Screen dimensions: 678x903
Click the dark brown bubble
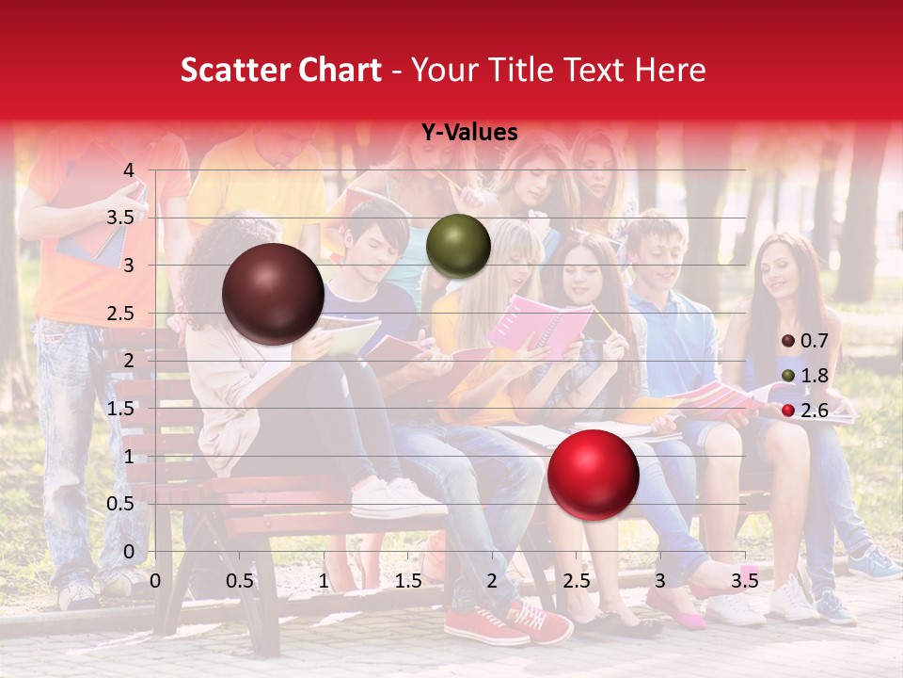pyautogui.click(x=274, y=294)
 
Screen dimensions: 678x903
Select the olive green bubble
pyautogui.click(x=458, y=246)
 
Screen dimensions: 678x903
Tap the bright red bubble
pyautogui.click(x=593, y=474)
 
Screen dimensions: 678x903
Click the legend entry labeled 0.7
pyautogui.click(x=806, y=341)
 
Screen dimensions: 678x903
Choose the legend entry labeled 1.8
pyautogui.click(x=806, y=376)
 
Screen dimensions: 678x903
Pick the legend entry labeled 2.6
pyautogui.click(x=806, y=410)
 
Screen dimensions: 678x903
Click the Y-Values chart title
pyautogui.click(x=468, y=133)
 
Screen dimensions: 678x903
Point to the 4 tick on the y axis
pyautogui.click(x=129, y=170)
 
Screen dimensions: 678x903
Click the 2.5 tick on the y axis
pyautogui.click(x=120, y=314)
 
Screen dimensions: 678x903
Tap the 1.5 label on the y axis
pyautogui.click(x=120, y=409)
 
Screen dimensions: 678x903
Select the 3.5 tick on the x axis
pyautogui.click(x=744, y=581)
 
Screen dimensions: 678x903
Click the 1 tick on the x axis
pyautogui.click(x=324, y=581)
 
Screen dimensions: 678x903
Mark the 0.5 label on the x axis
pyautogui.click(x=239, y=581)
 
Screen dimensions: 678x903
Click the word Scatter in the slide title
pyautogui.click(x=230, y=71)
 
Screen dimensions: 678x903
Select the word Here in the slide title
pyautogui.click(x=670, y=71)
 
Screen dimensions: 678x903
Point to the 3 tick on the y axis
pyautogui.click(x=129, y=266)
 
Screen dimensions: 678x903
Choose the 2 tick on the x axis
pyautogui.click(x=492, y=581)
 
